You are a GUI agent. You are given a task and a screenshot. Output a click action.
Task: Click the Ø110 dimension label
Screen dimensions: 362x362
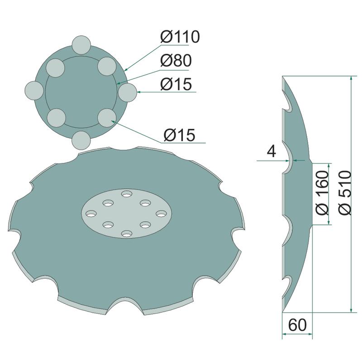point(180,37)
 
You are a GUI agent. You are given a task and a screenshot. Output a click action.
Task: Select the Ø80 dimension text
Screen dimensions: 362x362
point(176,61)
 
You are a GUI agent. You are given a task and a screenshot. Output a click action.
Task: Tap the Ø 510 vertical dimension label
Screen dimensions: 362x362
point(346,193)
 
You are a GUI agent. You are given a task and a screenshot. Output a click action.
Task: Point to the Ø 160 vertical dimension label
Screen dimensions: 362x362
point(322,193)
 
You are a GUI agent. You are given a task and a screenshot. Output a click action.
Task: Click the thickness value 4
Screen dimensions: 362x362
point(271,152)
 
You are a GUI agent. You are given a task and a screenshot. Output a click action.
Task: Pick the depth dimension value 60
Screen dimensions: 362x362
point(298,325)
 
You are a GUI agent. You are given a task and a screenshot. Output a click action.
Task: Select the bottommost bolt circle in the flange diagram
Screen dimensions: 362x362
point(81,140)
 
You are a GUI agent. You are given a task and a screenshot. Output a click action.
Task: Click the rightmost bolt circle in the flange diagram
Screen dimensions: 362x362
point(128,92)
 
